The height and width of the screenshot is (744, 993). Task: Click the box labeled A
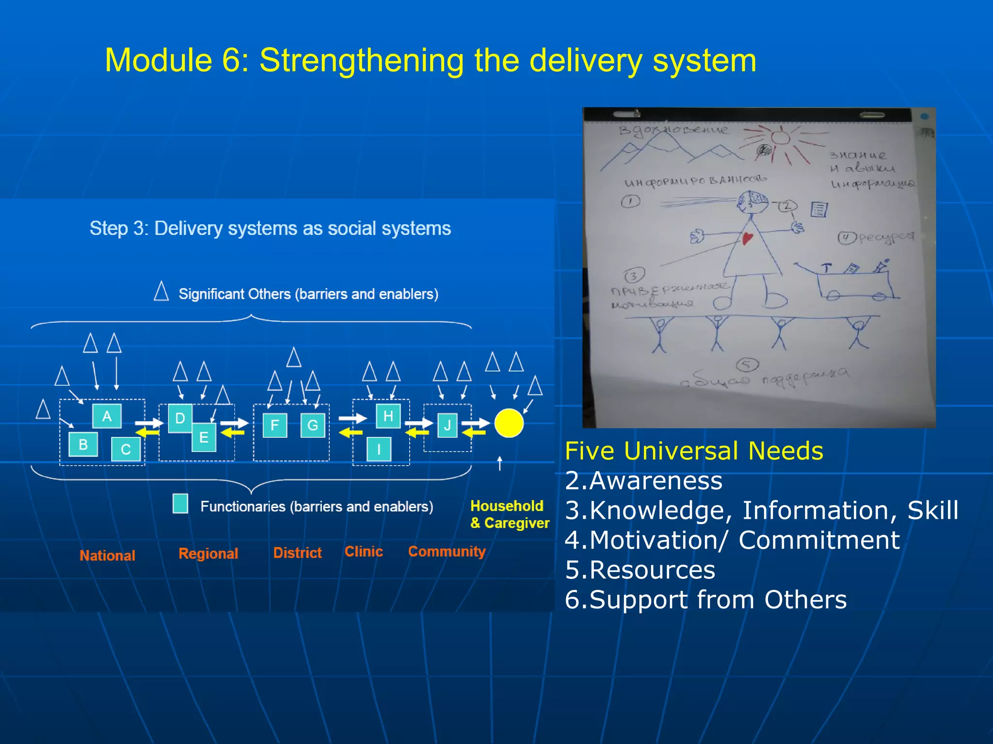click(107, 416)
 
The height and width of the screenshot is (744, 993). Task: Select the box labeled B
click(83, 444)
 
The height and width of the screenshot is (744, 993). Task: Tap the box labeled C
click(126, 449)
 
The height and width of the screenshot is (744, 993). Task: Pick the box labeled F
click(274, 425)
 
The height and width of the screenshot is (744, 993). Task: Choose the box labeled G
click(313, 425)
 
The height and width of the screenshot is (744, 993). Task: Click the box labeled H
click(388, 416)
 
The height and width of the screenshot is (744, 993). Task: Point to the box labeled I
click(379, 449)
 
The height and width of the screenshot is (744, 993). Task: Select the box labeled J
click(447, 425)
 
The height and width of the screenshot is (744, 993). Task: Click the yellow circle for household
click(509, 423)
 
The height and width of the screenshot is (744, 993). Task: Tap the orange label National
click(107, 555)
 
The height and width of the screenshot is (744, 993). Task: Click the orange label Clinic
click(364, 551)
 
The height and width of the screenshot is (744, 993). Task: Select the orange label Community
click(447, 551)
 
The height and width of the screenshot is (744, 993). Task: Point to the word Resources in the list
click(652, 570)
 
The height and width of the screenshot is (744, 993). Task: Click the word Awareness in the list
click(656, 480)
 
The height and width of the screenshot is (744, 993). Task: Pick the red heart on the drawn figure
click(747, 237)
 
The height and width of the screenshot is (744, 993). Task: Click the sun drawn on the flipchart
click(780, 137)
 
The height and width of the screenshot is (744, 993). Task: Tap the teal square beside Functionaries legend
click(180, 503)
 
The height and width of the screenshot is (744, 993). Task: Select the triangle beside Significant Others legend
click(161, 292)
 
